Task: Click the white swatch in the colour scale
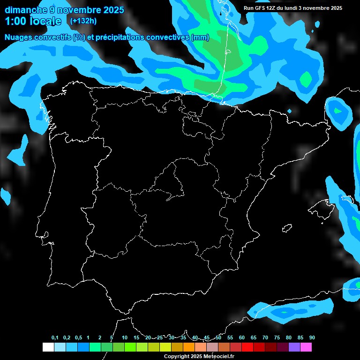48,347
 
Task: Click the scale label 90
312,338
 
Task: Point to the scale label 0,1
55,338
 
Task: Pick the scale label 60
241,338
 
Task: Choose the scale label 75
277,338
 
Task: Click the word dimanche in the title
23,10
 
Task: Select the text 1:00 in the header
16,21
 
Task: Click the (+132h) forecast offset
83,21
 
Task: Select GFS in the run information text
262,8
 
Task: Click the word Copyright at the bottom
177,357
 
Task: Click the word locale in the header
45,21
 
